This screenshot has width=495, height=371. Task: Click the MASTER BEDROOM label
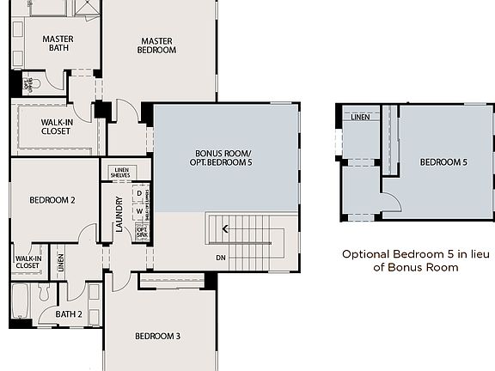(x=158, y=45)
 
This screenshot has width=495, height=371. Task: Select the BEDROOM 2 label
(x=52, y=200)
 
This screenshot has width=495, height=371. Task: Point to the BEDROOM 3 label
(x=157, y=336)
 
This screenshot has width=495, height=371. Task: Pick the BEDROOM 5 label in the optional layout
(x=443, y=161)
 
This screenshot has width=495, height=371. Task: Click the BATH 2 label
(x=68, y=314)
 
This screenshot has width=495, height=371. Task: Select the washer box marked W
(x=138, y=211)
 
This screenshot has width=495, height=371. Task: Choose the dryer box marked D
(x=138, y=193)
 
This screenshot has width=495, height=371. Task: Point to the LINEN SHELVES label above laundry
(x=120, y=171)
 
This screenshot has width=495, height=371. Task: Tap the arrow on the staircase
(x=225, y=228)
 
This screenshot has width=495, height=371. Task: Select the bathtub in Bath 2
(x=19, y=302)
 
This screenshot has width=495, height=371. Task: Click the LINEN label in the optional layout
(x=360, y=117)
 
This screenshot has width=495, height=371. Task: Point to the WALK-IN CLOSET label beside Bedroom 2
(x=27, y=260)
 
